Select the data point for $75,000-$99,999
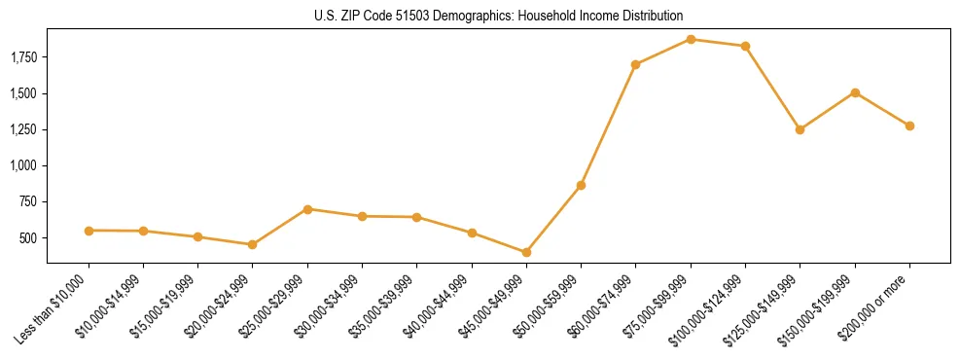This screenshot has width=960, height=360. coord(691,39)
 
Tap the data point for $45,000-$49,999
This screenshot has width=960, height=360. coord(526,252)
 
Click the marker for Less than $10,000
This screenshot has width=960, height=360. coord(89,231)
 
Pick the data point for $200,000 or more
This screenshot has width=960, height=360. coord(909,126)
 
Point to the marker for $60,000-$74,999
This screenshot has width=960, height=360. coord(635,64)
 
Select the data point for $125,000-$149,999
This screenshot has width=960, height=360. coord(800,129)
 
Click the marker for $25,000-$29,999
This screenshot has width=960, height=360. coord(307,209)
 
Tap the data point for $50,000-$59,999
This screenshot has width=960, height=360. coord(581,185)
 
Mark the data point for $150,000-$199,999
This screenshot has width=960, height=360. coord(855,92)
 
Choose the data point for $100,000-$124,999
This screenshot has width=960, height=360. coord(745,46)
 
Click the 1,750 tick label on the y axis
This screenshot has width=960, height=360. coord(23,58)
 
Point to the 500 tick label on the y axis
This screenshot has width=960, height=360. coord(29,238)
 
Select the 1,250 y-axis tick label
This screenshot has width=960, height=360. coord(23,130)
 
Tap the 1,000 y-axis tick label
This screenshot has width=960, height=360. coord(23,166)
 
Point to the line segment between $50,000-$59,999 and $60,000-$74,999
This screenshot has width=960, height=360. coord(608,125)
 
